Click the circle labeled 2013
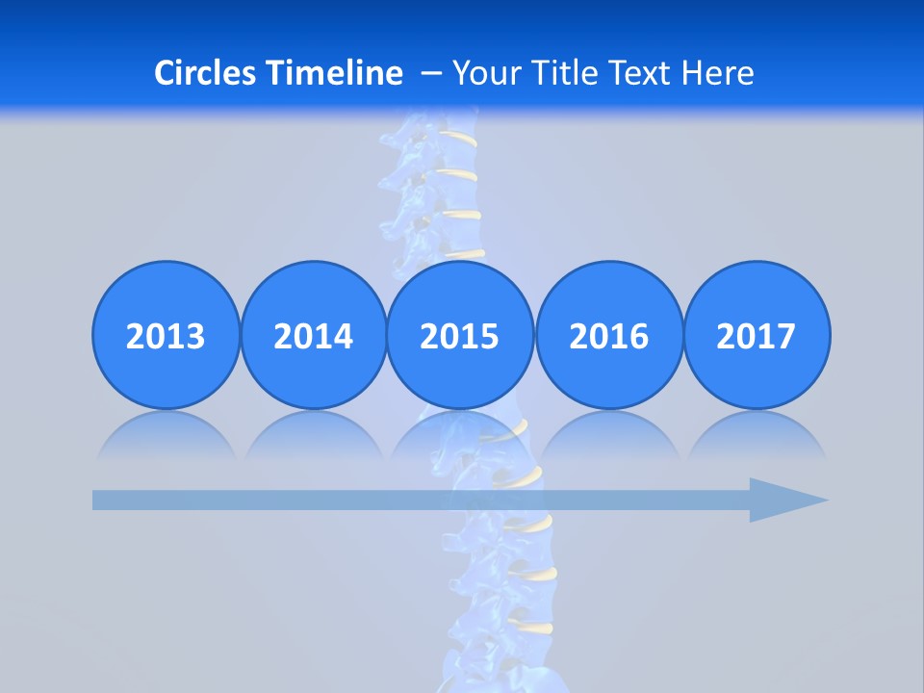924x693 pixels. pyautogui.click(x=166, y=335)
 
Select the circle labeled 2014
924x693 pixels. pyautogui.click(x=313, y=335)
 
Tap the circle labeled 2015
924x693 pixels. pyautogui.click(x=460, y=335)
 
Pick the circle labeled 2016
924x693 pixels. pyautogui.click(x=608, y=335)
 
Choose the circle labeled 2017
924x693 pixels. pyautogui.click(x=756, y=335)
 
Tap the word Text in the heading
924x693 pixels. pyautogui.click(x=639, y=73)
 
